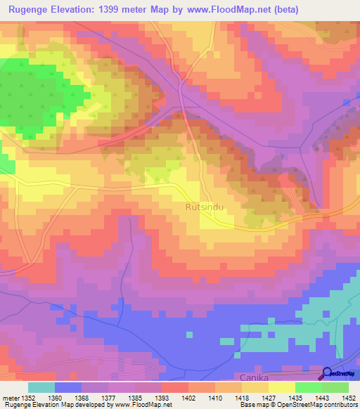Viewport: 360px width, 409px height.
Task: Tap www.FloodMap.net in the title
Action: point(223,10)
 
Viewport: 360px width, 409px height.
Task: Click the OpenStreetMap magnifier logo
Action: point(328,374)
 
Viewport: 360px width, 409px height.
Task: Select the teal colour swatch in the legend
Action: point(41,387)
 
